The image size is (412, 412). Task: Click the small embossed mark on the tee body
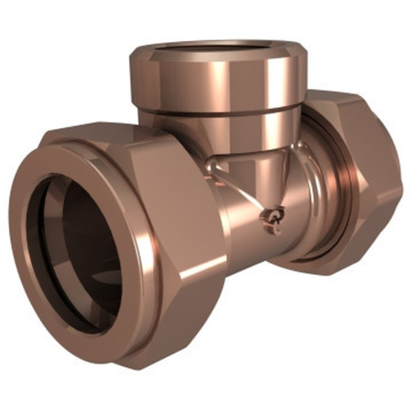coord(268,217)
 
